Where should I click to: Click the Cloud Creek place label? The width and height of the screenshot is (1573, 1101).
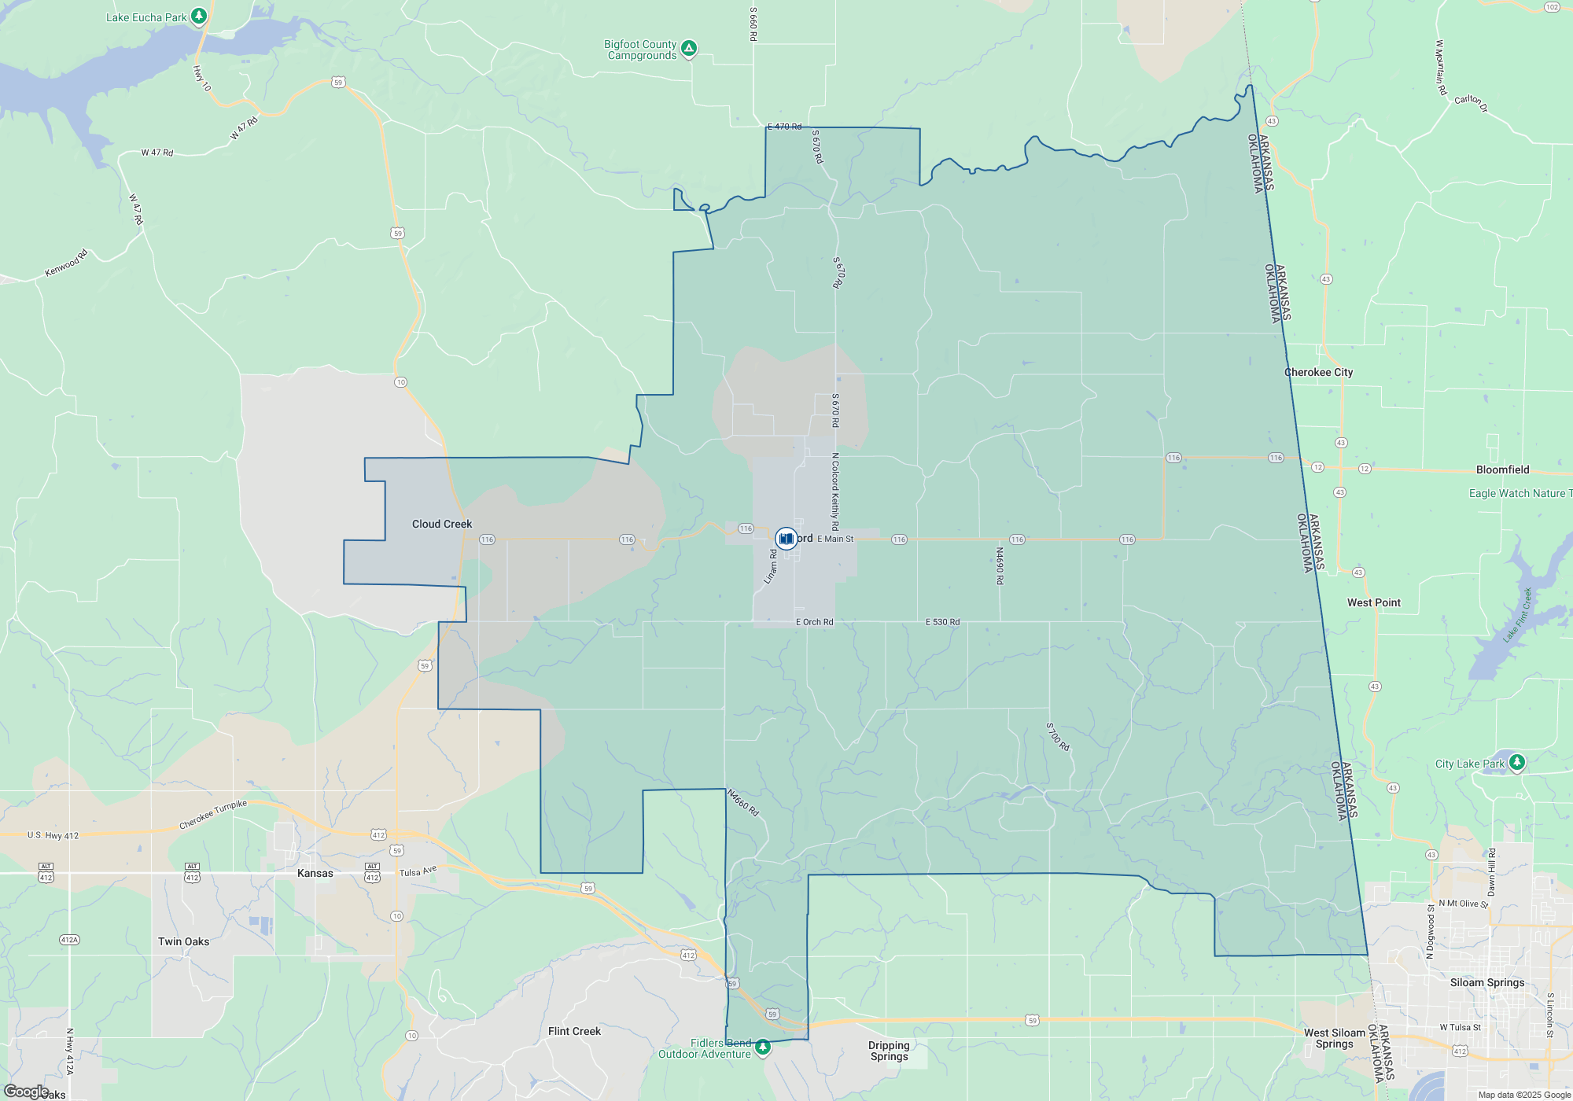(x=442, y=525)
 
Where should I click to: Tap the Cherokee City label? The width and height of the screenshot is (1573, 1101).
(x=1318, y=373)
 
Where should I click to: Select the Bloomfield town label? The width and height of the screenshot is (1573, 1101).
(x=1502, y=470)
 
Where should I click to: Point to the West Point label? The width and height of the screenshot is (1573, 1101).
(x=1373, y=603)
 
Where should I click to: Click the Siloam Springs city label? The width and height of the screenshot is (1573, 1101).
(x=1486, y=983)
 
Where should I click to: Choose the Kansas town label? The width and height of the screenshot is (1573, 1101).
(x=315, y=874)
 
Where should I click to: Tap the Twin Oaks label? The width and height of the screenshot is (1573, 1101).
(x=183, y=942)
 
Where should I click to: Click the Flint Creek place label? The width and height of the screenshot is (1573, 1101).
(x=574, y=1032)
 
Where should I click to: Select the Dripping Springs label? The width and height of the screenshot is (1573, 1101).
(x=889, y=1051)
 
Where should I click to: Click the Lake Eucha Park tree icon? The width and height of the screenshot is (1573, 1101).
(x=200, y=16)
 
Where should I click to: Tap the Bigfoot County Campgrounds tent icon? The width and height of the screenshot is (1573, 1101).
(x=689, y=49)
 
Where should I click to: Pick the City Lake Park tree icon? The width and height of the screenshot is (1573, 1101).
(x=1517, y=762)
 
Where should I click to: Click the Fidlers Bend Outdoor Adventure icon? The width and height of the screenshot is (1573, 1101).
(x=762, y=1048)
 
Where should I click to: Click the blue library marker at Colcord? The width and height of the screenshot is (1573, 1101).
(x=786, y=539)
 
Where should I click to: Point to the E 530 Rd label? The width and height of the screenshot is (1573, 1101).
(x=942, y=622)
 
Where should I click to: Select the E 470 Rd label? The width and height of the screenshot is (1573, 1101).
(x=784, y=127)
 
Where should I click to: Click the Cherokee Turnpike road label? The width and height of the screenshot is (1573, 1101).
(x=213, y=815)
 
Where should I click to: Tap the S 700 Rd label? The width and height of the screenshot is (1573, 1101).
(x=1058, y=737)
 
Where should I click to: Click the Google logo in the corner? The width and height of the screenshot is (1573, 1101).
(x=26, y=1092)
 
